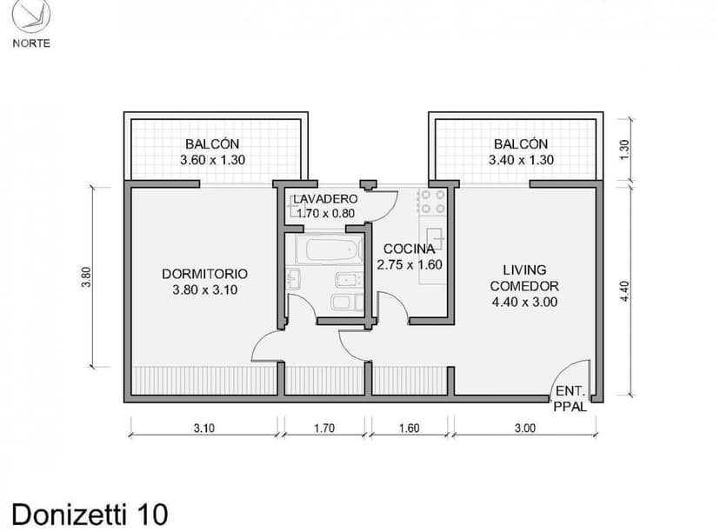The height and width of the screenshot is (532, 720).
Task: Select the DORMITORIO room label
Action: (204, 274)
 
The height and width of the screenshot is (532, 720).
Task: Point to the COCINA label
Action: (409, 249)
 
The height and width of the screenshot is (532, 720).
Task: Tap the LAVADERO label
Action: (325, 198)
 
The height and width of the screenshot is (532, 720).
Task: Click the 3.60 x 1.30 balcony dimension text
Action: (211, 160)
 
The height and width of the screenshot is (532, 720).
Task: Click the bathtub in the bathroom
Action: (329, 249)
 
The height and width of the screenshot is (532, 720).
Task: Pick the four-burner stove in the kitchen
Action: (432, 202)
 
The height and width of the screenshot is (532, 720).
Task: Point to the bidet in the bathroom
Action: (347, 280)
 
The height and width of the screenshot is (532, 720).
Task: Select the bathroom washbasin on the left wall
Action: (293, 279)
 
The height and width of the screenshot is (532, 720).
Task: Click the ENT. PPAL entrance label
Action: (570, 398)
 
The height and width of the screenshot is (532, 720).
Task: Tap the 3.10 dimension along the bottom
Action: (203, 428)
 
